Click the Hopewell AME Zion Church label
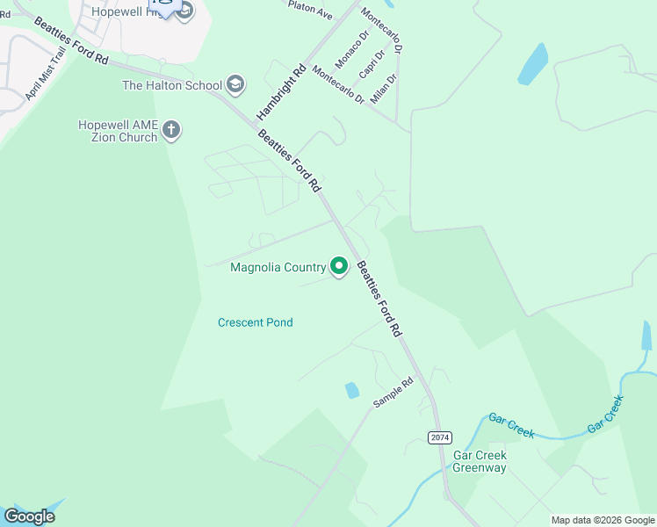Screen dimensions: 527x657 click(117, 131)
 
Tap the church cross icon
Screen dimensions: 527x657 click(171, 131)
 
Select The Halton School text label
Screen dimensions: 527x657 click(171, 85)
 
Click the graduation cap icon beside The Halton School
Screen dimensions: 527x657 click(235, 84)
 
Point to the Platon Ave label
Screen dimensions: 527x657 click(311, 10)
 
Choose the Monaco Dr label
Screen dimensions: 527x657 click(350, 47)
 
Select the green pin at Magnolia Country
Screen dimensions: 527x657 click(340, 265)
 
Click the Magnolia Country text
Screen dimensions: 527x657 click(278, 267)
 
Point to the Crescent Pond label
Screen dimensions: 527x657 click(255, 322)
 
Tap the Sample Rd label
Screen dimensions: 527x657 click(393, 392)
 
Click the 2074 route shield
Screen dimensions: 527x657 click(439, 437)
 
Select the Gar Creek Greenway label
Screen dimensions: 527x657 click(480, 461)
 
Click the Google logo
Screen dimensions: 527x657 click(29, 516)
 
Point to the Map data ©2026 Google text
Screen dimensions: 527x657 click(603, 520)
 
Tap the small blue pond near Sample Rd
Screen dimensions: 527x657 click(352, 390)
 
